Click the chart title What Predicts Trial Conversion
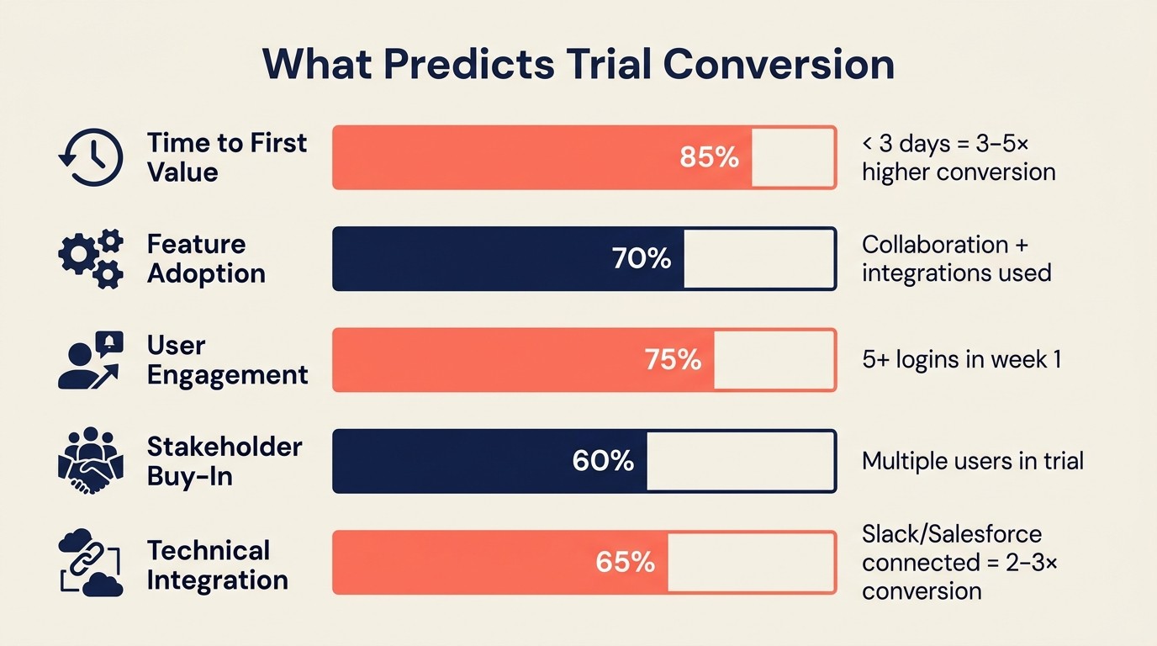click(578, 64)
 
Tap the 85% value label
click(709, 157)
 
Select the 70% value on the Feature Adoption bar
click(642, 259)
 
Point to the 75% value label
click(673, 360)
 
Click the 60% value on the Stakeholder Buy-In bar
click(603, 461)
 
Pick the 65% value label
click(625, 562)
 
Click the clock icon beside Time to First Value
click(91, 157)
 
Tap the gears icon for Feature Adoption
click(91, 258)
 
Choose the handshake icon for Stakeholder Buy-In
click(91, 461)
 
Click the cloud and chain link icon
click(91, 562)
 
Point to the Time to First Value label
click(227, 157)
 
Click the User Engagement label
click(227, 360)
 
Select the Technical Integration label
click(217, 565)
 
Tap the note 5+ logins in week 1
click(961, 360)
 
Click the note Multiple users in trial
click(973, 461)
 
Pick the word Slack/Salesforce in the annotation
click(952, 534)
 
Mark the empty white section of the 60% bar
click(740, 461)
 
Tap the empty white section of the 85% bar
click(792, 157)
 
